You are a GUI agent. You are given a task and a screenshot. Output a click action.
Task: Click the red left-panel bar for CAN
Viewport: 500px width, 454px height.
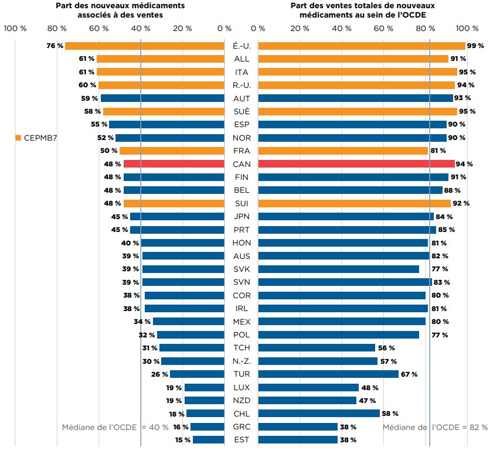174,164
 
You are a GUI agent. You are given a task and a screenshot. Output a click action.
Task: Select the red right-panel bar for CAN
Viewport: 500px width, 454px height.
356,164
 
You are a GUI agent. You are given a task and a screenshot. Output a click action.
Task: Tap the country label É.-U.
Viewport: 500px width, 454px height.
241,46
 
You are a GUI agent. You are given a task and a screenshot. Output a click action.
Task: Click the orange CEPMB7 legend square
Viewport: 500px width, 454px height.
18,138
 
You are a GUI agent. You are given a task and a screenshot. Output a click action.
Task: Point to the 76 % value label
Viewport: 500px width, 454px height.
55,46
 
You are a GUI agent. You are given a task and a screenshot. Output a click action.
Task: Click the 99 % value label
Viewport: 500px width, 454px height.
475,46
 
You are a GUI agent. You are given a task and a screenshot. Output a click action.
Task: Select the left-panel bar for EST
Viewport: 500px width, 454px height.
209,440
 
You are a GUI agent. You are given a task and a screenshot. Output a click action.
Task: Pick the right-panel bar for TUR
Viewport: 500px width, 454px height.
328,374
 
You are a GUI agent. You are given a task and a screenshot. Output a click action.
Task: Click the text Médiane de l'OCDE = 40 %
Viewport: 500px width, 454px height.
115,427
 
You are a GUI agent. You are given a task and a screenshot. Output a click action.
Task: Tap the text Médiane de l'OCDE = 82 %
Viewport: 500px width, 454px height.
435,427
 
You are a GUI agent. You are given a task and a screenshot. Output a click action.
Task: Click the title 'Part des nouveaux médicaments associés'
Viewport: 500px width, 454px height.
120,10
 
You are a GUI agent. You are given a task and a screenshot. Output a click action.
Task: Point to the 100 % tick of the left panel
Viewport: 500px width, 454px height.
15,28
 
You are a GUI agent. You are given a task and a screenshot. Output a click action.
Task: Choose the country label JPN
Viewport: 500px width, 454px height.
241,217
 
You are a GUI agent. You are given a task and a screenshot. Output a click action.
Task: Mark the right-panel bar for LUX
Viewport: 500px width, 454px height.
308,387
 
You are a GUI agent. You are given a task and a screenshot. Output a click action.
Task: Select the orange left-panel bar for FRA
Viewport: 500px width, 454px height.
172,151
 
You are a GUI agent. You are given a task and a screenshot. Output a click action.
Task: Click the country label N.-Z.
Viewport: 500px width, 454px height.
241,361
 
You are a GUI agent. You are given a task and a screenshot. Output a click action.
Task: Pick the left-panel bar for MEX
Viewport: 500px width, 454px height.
189,322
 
